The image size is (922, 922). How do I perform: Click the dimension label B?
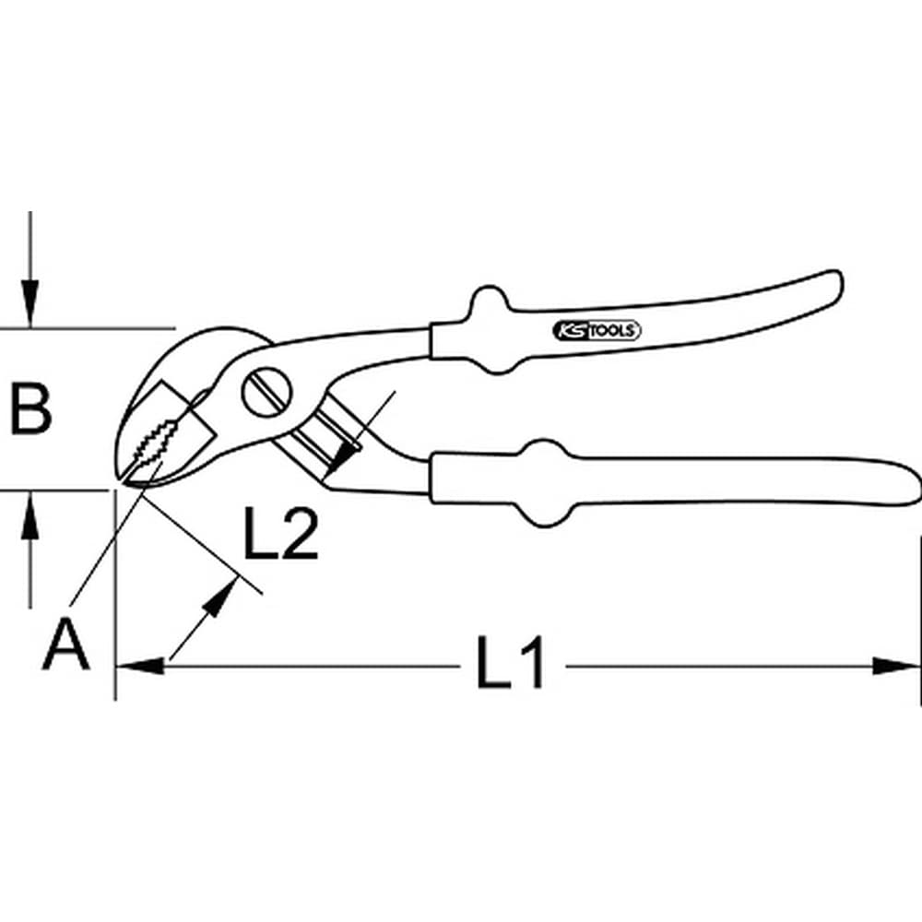(x=31, y=408)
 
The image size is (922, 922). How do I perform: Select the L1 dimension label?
(x=510, y=662)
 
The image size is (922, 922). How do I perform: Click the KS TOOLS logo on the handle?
(x=597, y=331)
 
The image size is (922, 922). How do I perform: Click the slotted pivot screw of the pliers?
(x=266, y=392)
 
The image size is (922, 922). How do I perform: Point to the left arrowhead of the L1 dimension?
(x=140, y=667)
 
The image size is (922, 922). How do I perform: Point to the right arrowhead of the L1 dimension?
(x=896, y=667)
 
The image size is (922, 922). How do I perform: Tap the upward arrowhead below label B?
(x=30, y=515)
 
